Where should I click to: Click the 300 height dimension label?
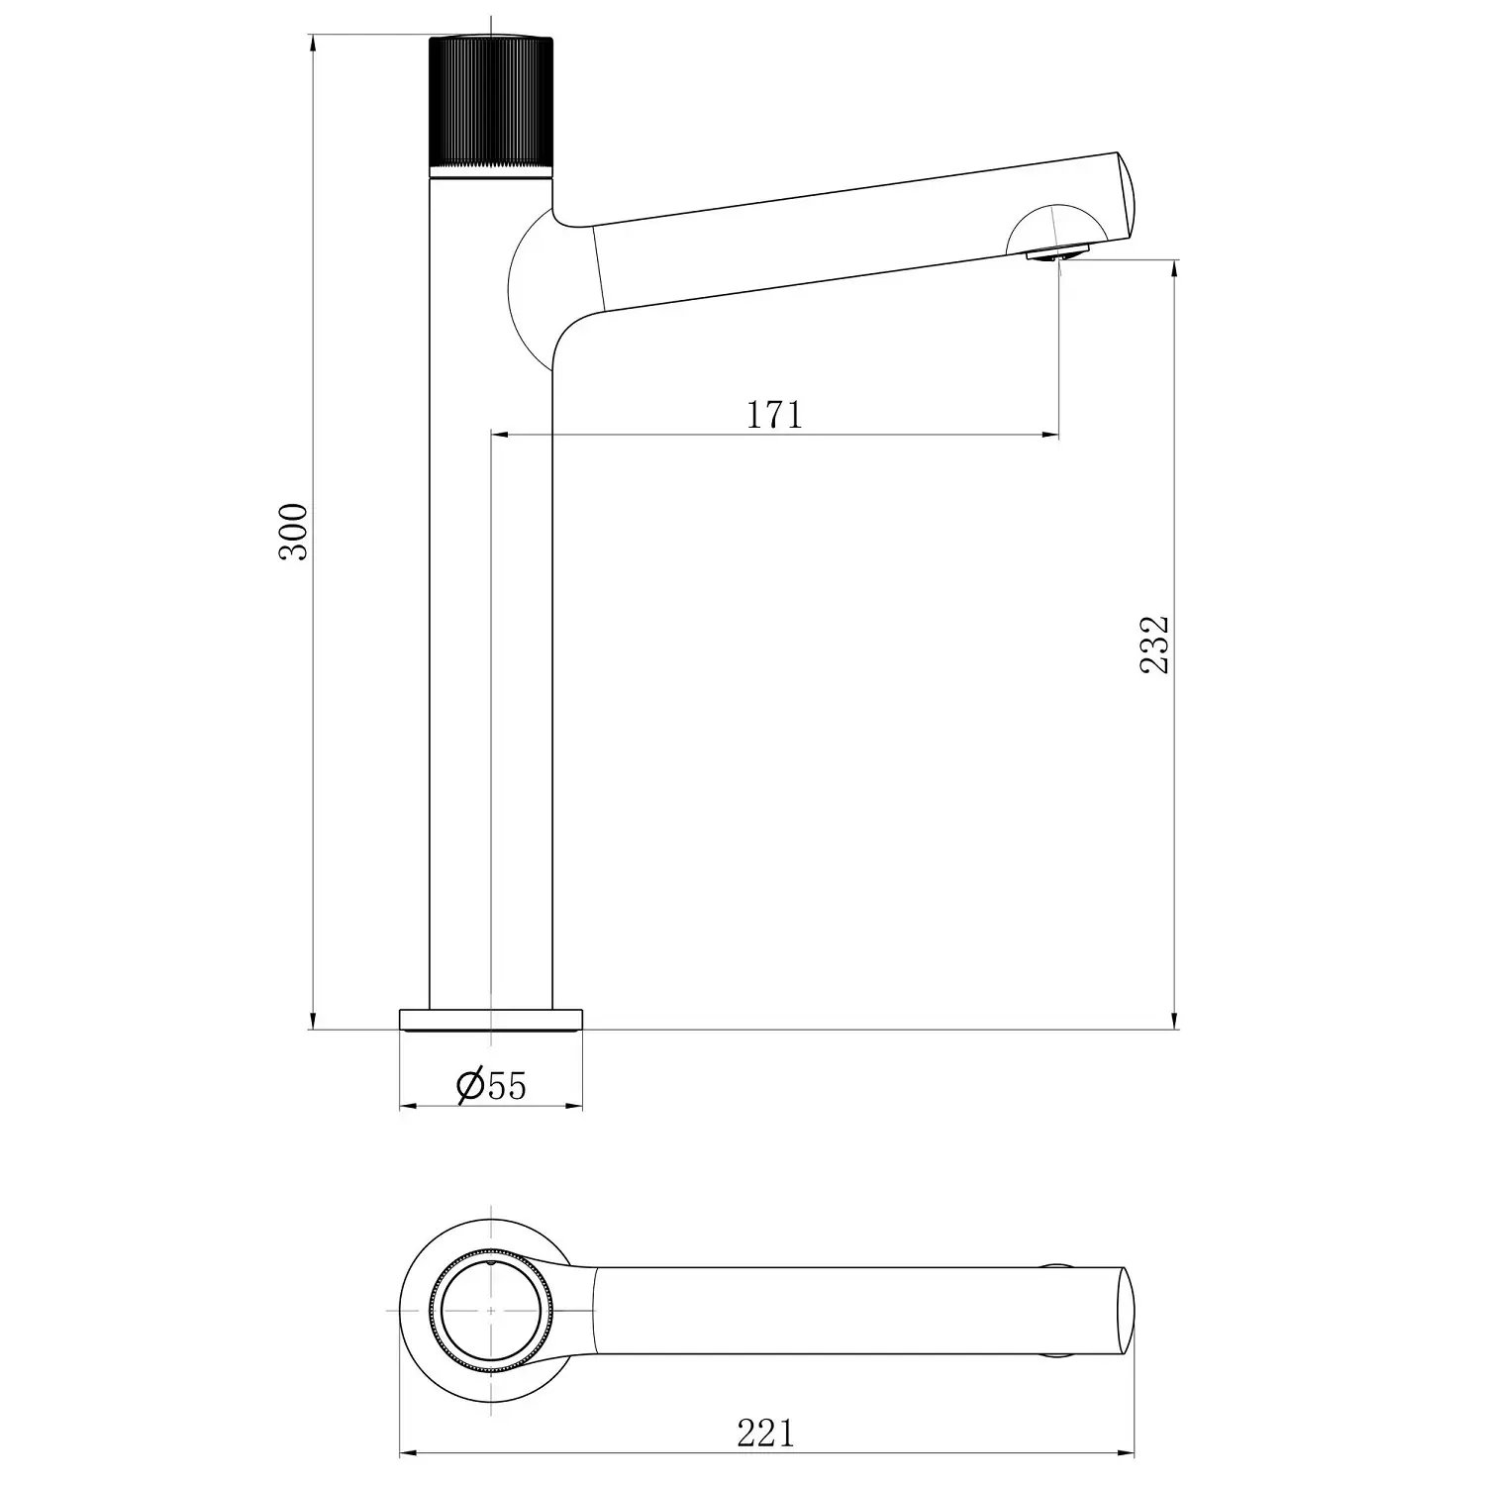click(294, 533)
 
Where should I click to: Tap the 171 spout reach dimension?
click(774, 415)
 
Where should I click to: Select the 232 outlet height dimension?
click(1154, 644)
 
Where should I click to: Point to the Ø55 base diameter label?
click(492, 1086)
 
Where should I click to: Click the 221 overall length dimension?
click(766, 1433)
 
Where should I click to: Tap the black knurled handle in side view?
click(490, 108)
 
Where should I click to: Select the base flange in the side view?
click(491, 1020)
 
